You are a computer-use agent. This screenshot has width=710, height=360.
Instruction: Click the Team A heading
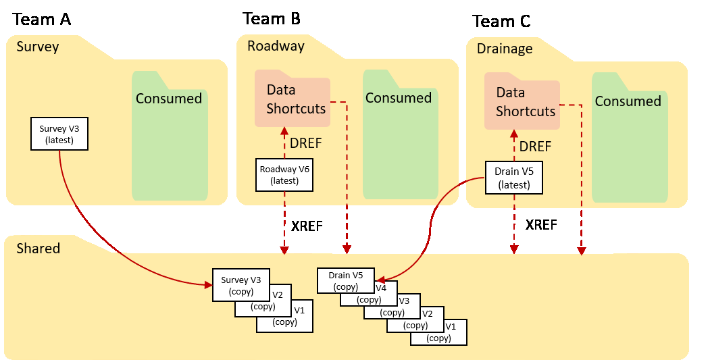click(x=41, y=19)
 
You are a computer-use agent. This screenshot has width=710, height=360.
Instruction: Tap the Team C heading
click(x=501, y=22)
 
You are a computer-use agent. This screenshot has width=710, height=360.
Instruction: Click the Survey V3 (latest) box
click(x=60, y=134)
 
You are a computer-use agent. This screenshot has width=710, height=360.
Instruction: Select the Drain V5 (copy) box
click(x=345, y=280)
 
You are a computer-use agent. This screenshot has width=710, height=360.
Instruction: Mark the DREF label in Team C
click(x=535, y=147)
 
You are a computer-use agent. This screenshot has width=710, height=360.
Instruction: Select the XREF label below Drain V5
click(x=540, y=225)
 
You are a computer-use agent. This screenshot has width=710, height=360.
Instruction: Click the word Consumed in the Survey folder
click(x=169, y=99)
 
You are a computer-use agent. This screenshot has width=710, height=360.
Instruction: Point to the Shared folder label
click(x=39, y=249)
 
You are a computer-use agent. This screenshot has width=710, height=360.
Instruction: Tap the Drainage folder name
click(x=505, y=49)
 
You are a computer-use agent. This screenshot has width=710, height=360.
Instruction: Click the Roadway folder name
click(x=276, y=46)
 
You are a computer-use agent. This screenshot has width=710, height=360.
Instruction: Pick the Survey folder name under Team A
click(x=38, y=47)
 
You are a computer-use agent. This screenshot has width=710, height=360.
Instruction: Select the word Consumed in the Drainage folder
click(x=628, y=101)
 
